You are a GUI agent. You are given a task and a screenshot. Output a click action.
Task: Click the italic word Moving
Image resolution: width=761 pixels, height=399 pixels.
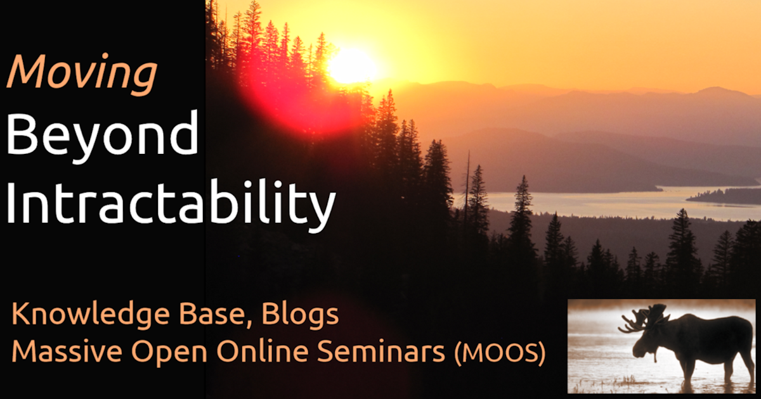point(82,75)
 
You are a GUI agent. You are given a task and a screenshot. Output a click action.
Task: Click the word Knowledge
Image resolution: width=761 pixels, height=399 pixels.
point(91,315)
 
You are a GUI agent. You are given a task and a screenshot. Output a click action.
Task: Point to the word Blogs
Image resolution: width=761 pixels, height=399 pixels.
point(300,315)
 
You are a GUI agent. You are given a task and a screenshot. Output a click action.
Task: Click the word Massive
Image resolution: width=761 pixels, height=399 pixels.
point(67,351)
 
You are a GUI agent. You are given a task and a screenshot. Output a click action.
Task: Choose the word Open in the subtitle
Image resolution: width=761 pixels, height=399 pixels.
point(169,353)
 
